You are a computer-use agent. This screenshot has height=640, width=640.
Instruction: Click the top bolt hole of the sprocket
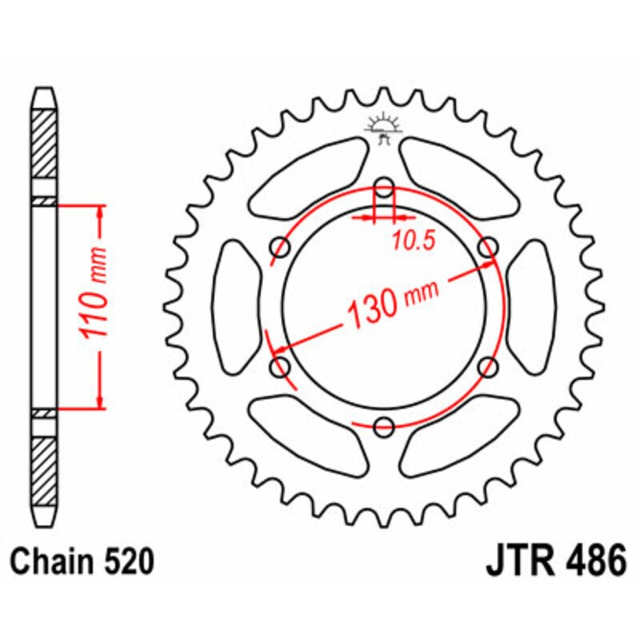[385, 189]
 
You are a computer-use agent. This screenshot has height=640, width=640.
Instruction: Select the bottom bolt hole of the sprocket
[385, 426]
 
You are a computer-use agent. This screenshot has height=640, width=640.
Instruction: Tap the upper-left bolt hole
[282, 248]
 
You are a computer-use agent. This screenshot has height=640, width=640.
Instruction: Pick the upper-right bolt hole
[487, 248]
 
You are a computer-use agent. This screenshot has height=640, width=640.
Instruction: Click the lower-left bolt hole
[282, 366]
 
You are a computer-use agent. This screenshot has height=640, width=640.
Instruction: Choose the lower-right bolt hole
[487, 366]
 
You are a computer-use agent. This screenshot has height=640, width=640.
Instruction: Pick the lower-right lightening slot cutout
[460, 436]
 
